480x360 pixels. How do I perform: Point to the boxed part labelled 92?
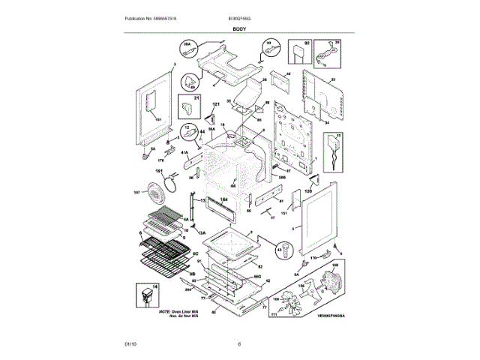click(301, 53)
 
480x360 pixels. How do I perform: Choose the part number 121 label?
click(215, 104)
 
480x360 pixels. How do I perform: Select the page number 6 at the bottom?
click(238, 343)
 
